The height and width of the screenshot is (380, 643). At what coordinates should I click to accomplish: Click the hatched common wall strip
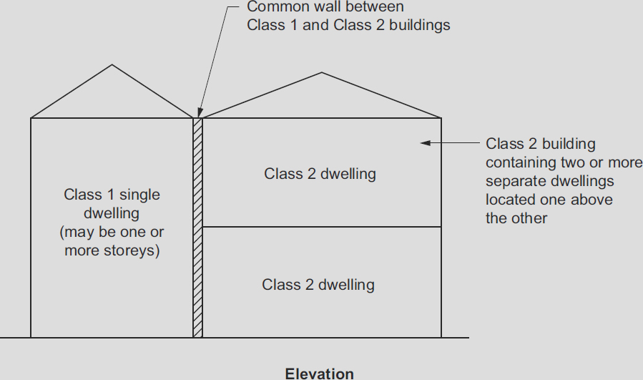197,228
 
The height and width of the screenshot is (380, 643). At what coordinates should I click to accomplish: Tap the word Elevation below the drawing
320,374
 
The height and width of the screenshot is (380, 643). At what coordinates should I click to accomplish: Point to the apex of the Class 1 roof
112,64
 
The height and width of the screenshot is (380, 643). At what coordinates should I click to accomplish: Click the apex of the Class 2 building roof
322,72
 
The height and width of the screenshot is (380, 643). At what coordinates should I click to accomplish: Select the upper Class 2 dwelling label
320,174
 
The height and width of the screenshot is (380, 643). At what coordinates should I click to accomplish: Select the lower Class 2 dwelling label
318,285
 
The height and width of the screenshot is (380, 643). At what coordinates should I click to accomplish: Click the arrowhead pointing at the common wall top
200,113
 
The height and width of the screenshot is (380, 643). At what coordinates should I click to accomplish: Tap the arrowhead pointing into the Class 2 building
426,143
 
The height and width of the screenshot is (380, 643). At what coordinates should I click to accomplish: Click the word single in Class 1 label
139,195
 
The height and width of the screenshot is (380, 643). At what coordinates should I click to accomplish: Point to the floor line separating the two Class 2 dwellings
322,227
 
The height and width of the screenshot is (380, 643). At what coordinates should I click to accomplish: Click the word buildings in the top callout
420,25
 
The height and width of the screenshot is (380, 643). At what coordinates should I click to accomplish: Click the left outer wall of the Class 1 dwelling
31,228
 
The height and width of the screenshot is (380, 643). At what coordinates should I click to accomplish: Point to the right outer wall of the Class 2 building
441,228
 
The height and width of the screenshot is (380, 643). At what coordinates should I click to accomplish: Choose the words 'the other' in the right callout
516,218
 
